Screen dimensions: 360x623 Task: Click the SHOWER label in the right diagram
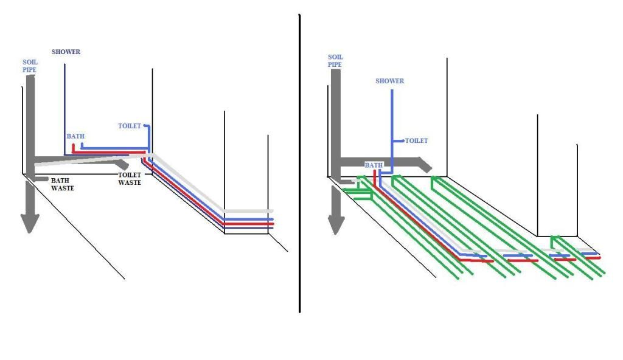point(390,81)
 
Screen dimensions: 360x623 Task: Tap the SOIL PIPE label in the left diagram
point(29,66)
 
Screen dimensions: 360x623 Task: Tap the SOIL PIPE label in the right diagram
point(335,60)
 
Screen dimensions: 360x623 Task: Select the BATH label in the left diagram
point(75,137)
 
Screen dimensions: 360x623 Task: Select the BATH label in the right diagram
point(374,165)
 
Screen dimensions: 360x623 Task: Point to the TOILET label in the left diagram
point(130,126)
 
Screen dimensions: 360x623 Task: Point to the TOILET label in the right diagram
point(417,140)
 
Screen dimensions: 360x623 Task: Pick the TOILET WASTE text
point(130,178)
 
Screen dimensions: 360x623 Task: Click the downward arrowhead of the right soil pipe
point(335,226)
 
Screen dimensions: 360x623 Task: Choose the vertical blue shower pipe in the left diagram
point(65,103)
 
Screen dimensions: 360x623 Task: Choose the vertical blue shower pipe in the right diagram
point(392,122)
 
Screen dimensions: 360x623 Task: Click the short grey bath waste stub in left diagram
point(41,179)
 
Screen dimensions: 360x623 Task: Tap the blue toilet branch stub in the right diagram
point(399,140)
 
